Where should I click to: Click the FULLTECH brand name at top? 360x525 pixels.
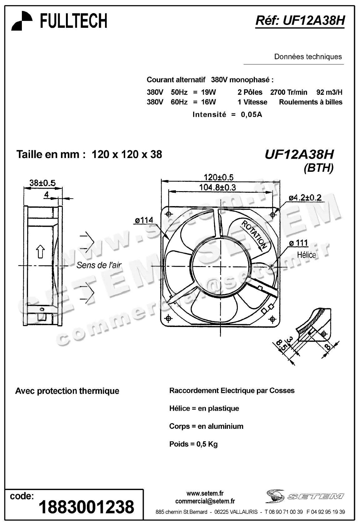pyautogui.click(x=74, y=21)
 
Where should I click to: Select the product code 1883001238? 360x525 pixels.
pyautogui.click(x=86, y=507)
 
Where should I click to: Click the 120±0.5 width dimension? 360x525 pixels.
pyautogui.click(x=218, y=177)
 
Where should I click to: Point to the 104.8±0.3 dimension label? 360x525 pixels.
pyautogui.click(x=218, y=187)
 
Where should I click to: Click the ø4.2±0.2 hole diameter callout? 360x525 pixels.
pyautogui.click(x=305, y=198)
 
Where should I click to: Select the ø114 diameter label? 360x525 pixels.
pyautogui.click(x=144, y=220)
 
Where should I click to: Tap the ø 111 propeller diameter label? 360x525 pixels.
pyautogui.click(x=298, y=243)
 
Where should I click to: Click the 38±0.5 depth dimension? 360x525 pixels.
pyautogui.click(x=42, y=183)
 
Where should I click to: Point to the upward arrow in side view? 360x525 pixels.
pyautogui.click(x=40, y=251)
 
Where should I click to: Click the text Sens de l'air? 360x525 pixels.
pyautogui.click(x=99, y=265)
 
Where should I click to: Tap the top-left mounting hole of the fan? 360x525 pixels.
pyautogui.click(x=169, y=214)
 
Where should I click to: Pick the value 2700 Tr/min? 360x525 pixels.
pyautogui.click(x=288, y=92)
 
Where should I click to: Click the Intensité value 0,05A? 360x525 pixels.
pyautogui.click(x=251, y=115)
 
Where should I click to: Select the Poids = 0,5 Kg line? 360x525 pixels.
pyautogui.click(x=193, y=444)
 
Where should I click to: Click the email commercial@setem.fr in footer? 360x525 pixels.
pyautogui.click(x=205, y=501)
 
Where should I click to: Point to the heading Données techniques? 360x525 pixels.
pyautogui.click(x=308, y=57)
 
